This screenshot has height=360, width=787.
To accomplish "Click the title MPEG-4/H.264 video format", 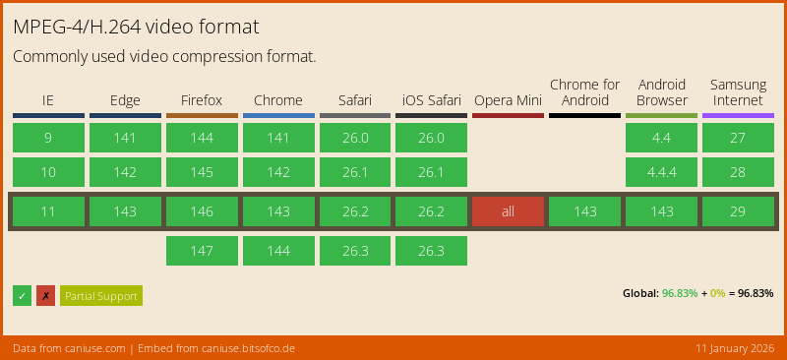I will point(137,26).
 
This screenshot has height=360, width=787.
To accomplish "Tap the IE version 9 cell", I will point(48,138).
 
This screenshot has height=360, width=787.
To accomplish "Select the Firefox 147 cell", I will point(202,251).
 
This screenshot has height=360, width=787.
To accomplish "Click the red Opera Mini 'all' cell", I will point(508,211).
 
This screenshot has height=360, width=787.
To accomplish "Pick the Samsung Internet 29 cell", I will point(738,211).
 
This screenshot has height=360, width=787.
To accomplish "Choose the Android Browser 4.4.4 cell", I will point(661,172).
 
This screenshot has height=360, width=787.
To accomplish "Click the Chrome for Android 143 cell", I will point(584,211).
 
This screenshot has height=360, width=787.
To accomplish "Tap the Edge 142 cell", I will point(125,172).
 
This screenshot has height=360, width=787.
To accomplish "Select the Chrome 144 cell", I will point(278,251).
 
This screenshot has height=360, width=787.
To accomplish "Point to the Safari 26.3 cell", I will point(354,251).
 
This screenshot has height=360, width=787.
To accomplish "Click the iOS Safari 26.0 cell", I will point(431,138).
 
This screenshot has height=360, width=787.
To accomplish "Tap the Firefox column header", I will point(202,100).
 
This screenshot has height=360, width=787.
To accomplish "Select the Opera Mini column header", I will point(508,100).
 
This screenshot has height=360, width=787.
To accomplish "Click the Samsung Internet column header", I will point(738,92).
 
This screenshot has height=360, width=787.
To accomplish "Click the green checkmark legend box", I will point(22,296).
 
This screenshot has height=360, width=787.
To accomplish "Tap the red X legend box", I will point(45,296).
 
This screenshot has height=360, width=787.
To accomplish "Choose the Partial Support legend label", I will point(101,296).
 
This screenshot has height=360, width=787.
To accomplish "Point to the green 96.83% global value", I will point(680,293).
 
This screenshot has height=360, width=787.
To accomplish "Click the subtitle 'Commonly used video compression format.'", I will point(164,57).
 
